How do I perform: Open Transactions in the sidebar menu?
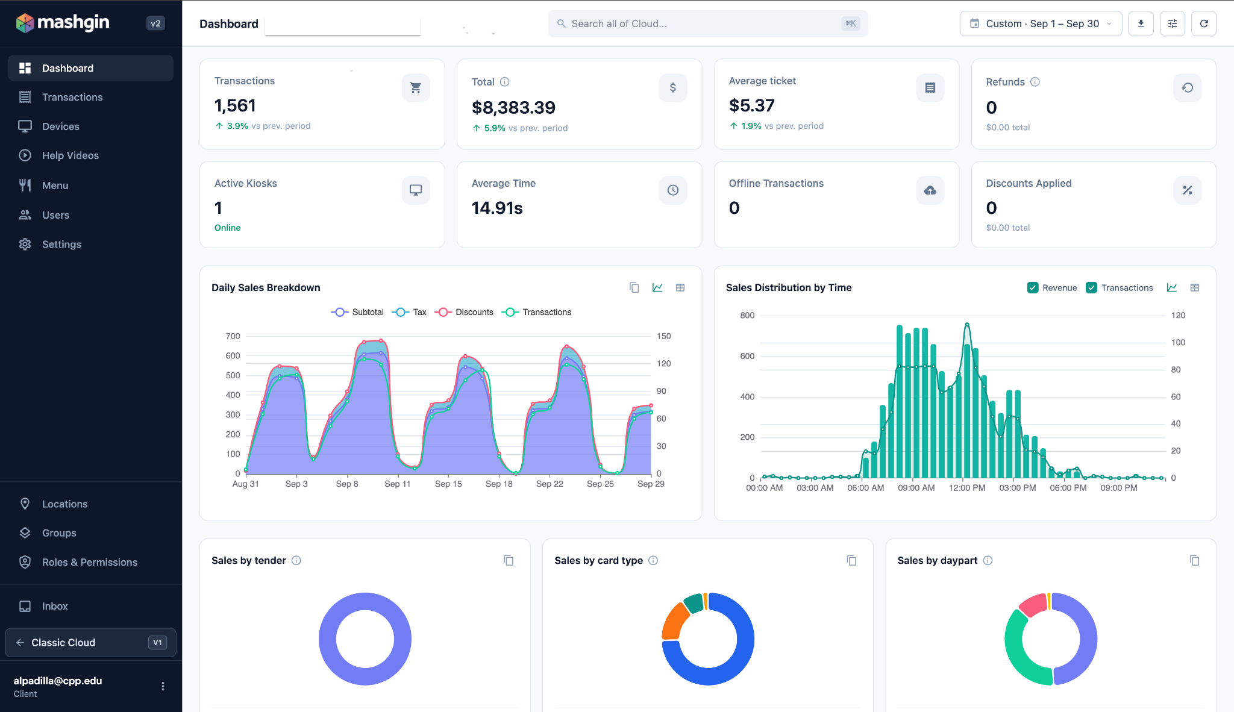[x=72, y=97]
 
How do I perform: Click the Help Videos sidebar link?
[x=70, y=155]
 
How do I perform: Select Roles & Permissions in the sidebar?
[x=90, y=562]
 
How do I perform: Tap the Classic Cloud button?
[x=90, y=643]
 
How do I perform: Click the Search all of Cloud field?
[x=707, y=23]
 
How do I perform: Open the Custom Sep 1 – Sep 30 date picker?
[x=1041, y=23]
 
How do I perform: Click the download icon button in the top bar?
[x=1141, y=23]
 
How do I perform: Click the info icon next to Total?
[x=505, y=82]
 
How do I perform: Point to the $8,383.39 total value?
[x=513, y=107]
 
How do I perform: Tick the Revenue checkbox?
[x=1033, y=288]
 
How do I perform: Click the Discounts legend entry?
[x=464, y=312]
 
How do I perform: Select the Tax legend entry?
[x=409, y=312]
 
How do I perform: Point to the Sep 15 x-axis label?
[x=448, y=484]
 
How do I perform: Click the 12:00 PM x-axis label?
[x=967, y=488]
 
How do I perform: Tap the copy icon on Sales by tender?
[x=509, y=561]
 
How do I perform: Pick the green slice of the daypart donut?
[x=1021, y=654]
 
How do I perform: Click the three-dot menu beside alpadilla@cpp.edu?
[x=163, y=686]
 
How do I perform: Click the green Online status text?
[x=227, y=228]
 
